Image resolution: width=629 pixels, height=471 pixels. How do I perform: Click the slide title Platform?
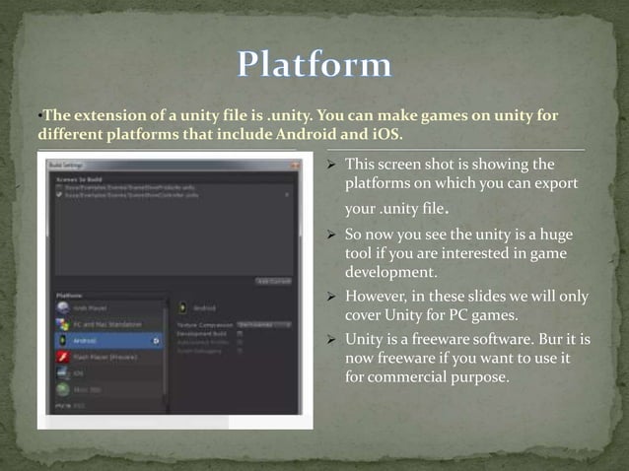point(314,66)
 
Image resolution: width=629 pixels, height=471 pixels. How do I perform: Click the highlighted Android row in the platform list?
point(108,340)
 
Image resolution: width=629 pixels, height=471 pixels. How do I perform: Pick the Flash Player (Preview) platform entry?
point(109,358)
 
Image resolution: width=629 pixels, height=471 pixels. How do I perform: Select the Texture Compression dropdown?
point(268,322)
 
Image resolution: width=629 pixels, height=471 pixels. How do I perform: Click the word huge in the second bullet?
point(555,236)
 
